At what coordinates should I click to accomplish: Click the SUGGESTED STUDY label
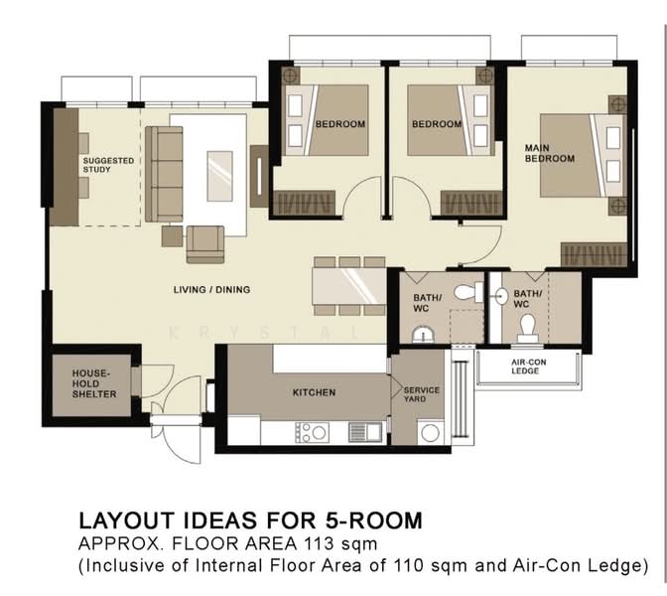(108, 165)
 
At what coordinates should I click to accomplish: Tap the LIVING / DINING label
(211, 289)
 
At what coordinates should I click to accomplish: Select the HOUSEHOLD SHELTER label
(94, 383)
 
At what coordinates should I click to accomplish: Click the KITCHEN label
(314, 392)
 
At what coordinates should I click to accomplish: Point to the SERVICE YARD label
(422, 394)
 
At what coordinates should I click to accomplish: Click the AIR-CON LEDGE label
(529, 367)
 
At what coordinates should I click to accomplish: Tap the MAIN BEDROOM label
(550, 153)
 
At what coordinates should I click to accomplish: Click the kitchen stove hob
(313, 432)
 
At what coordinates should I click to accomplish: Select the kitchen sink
(365, 432)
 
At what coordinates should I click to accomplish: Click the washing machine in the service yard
(431, 433)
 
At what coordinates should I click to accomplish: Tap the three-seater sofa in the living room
(164, 174)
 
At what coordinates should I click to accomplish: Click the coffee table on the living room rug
(220, 176)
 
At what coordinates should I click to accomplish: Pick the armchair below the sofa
(205, 244)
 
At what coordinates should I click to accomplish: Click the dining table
(349, 286)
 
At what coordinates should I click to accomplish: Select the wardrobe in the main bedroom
(594, 254)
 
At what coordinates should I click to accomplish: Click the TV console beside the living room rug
(259, 176)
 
